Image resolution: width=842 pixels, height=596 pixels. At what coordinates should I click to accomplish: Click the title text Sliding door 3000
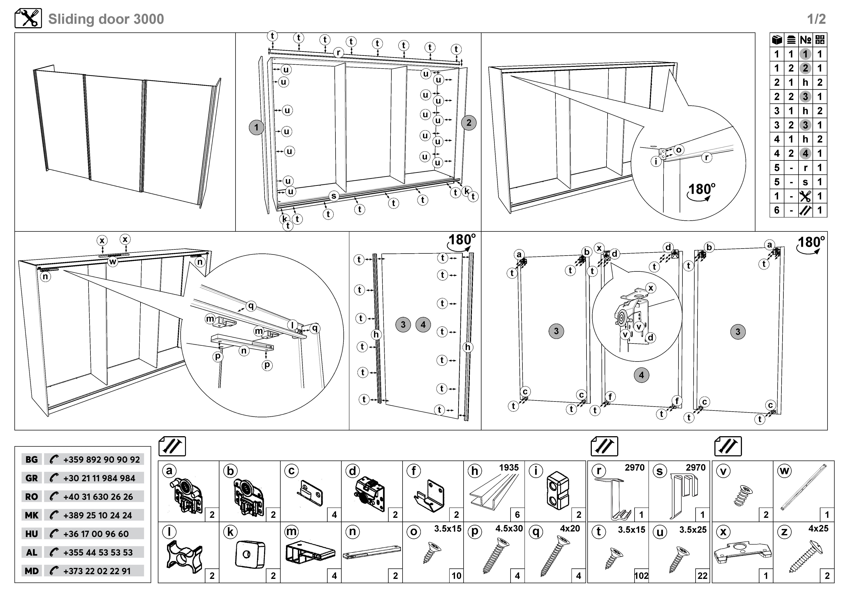pyautogui.click(x=106, y=19)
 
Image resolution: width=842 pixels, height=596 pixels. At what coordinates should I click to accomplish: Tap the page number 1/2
pyautogui.click(x=816, y=19)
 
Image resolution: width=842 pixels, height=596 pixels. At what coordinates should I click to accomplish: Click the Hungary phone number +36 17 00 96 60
pyautogui.click(x=96, y=534)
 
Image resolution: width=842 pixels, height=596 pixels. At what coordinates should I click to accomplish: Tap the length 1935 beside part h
pyautogui.click(x=509, y=468)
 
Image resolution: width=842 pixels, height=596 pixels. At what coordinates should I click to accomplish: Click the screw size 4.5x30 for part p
pyautogui.click(x=509, y=528)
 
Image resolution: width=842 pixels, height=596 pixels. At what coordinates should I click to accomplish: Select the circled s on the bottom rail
pyautogui.click(x=334, y=196)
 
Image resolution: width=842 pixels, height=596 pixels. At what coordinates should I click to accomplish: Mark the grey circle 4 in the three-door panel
pyautogui.click(x=641, y=375)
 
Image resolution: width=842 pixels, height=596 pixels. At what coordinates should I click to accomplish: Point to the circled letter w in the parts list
pyautogui.click(x=784, y=471)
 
